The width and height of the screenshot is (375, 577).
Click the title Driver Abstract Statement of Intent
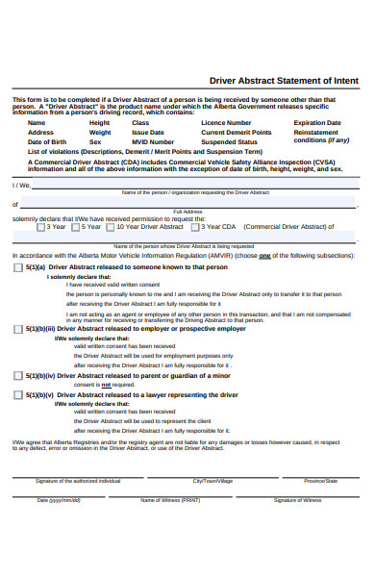pos(284,80)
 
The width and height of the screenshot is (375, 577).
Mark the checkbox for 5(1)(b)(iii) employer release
pos(19,329)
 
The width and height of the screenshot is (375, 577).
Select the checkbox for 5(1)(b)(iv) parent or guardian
pos(19,376)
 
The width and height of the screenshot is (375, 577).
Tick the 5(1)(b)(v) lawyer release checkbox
pos(19,394)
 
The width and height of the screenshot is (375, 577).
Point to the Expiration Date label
pos(317,123)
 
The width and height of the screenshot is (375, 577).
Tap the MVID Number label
pos(153,141)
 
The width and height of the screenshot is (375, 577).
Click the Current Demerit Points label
pos(236,133)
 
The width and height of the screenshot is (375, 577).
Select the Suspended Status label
pos(229,141)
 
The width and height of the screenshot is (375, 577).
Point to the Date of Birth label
pos(47,141)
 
